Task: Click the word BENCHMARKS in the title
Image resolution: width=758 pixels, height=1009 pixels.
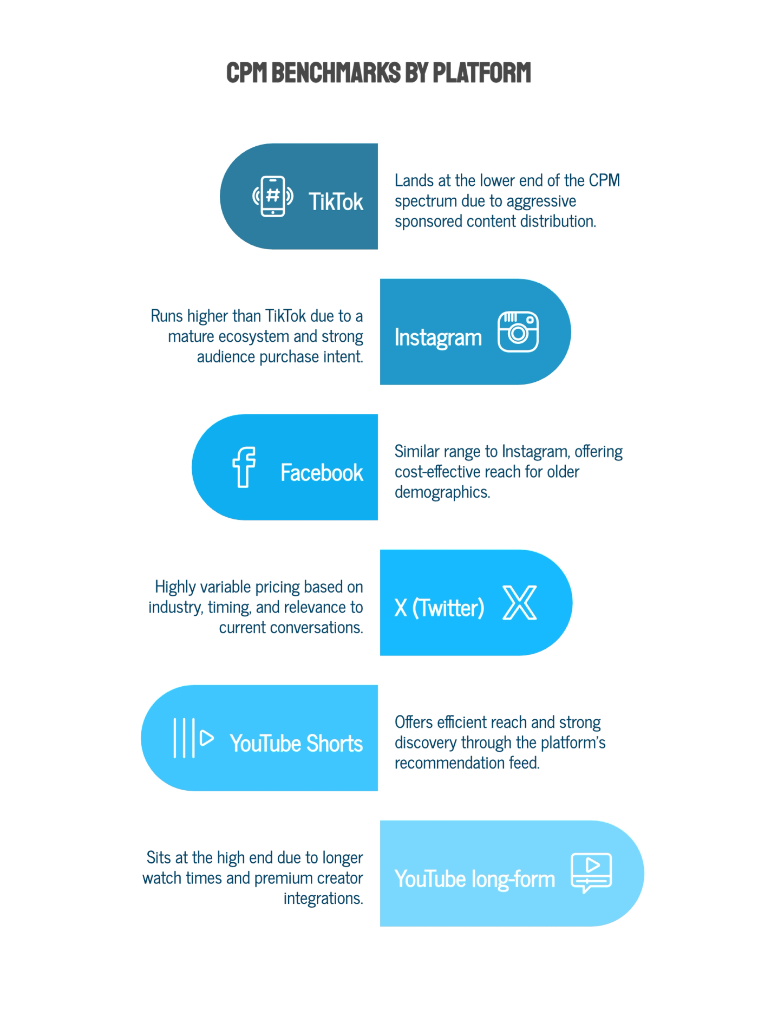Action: tap(336, 73)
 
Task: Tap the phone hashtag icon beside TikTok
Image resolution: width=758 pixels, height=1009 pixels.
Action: tap(273, 196)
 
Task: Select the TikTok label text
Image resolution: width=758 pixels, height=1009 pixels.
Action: tap(336, 202)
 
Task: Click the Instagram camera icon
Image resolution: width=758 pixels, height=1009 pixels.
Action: tap(518, 331)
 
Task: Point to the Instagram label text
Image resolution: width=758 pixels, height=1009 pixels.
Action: tap(438, 337)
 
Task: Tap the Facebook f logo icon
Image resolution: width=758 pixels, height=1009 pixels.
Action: tap(244, 467)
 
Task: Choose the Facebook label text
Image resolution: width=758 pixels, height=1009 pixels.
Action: tap(322, 473)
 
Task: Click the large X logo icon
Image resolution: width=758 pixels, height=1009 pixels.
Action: tap(520, 602)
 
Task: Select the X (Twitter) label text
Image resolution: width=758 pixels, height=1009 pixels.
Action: tap(439, 608)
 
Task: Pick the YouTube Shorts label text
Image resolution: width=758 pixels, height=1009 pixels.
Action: tap(296, 744)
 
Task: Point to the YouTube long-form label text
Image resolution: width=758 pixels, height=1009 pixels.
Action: tap(475, 879)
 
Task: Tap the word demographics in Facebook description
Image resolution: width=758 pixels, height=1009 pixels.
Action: tap(442, 492)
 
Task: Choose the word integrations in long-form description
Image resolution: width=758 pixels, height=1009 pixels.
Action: tap(323, 899)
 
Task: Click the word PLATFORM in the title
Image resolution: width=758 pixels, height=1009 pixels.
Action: tap(482, 73)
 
